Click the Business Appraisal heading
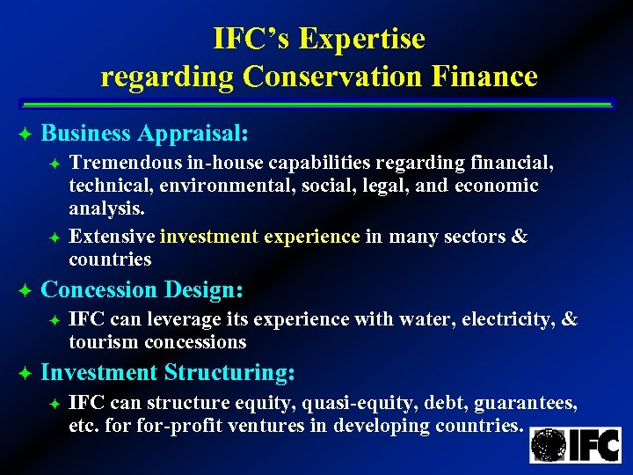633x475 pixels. tap(145, 134)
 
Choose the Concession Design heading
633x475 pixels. tap(142, 289)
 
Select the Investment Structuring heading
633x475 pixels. tap(168, 373)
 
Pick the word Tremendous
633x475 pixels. tap(124, 162)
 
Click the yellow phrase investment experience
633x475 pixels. tap(260, 237)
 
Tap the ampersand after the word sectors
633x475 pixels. tap(519, 237)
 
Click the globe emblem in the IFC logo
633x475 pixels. tap(549, 444)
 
